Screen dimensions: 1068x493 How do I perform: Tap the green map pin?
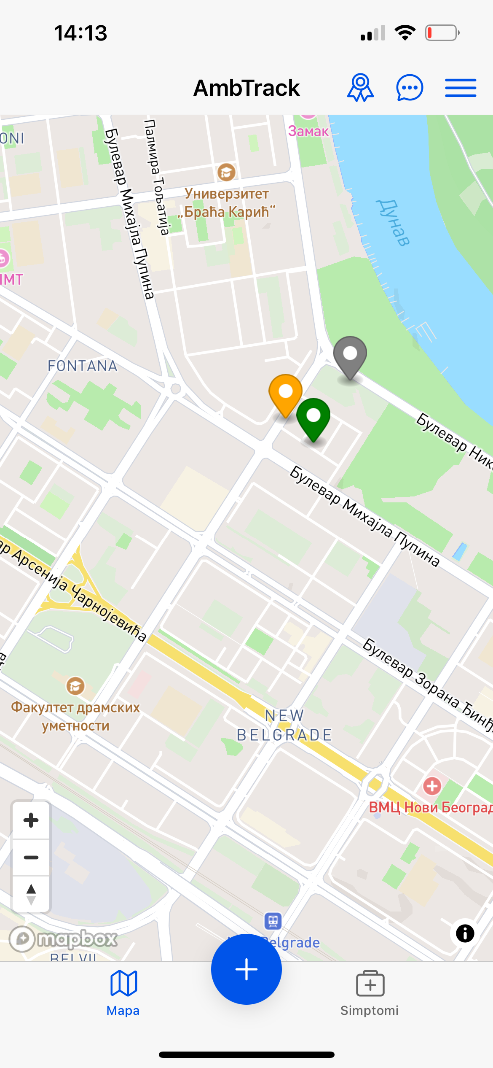click(313, 418)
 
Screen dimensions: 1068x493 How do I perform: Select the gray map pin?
click(350, 356)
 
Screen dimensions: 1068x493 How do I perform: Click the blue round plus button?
click(246, 969)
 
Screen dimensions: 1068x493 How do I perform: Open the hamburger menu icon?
click(461, 88)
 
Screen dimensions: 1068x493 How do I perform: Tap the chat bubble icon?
click(410, 88)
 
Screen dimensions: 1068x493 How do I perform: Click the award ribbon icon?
click(360, 88)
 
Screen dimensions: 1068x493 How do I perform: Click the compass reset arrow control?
click(31, 894)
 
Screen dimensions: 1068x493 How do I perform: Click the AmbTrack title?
click(246, 88)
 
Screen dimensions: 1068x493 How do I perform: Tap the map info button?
click(465, 933)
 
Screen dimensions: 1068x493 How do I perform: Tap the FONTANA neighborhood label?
click(82, 366)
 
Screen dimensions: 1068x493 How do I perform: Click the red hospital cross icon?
click(432, 786)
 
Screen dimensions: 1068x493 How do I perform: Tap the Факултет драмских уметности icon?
click(75, 686)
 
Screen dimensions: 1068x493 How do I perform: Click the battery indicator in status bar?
click(442, 33)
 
